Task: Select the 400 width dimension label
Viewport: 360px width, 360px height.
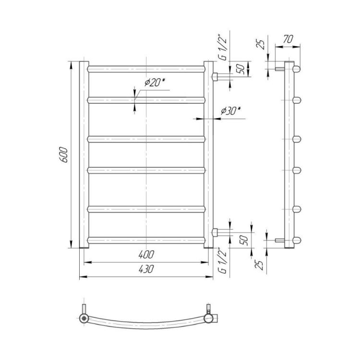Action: pyautogui.click(x=146, y=254)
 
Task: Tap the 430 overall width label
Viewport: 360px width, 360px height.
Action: pyautogui.click(x=146, y=269)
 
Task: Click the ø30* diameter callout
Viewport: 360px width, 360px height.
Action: pyautogui.click(x=230, y=111)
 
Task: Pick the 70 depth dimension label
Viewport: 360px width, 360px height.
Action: pyautogui.click(x=288, y=39)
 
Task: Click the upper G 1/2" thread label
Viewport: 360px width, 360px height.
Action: pyautogui.click(x=223, y=48)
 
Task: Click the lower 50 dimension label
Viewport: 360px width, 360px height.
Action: pyautogui.click(x=244, y=240)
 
